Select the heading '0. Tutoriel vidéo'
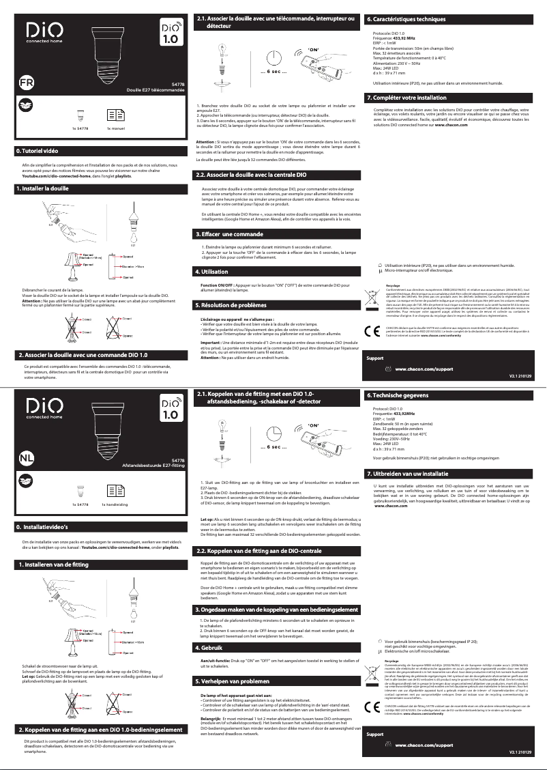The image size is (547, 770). [37, 149]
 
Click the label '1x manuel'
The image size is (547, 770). [117, 128]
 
